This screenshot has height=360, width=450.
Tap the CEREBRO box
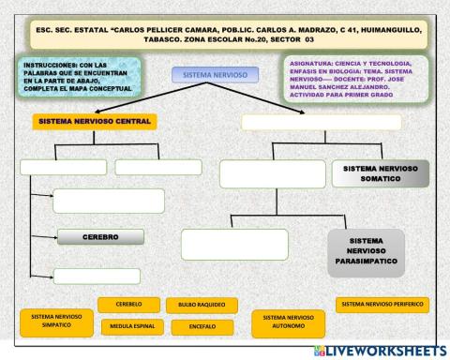click(x=100, y=237)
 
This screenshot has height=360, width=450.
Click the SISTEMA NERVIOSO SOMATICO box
click(x=380, y=173)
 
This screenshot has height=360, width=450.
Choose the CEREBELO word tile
click(x=127, y=305)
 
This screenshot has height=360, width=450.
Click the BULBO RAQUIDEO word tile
click(x=202, y=306)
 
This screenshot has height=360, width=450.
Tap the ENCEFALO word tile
click(x=202, y=326)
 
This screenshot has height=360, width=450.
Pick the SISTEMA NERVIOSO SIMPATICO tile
click(x=55, y=322)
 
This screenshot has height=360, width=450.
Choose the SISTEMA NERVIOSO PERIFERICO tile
click(x=382, y=305)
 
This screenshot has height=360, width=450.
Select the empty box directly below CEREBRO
click(x=97, y=276)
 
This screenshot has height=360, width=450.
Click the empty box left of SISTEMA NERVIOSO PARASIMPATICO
click(x=234, y=244)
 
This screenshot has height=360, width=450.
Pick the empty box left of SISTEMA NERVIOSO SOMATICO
click(x=272, y=174)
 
